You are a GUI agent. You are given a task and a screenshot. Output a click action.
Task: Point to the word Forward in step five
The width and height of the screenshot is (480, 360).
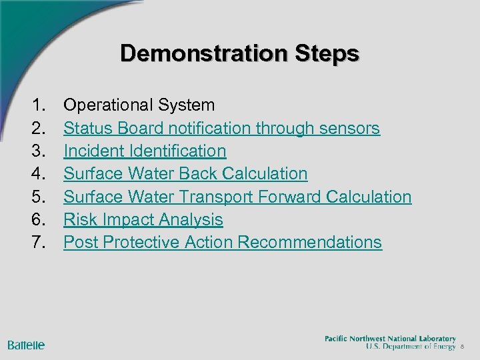pyautogui.click(x=291, y=197)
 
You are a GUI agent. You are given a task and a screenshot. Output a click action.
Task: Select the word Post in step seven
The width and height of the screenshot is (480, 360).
pyautogui.click(x=79, y=243)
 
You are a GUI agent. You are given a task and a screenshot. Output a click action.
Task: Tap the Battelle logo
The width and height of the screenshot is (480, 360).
pyautogui.click(x=26, y=345)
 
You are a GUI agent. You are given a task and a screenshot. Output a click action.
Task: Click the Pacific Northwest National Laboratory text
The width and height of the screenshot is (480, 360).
pyautogui.click(x=390, y=339)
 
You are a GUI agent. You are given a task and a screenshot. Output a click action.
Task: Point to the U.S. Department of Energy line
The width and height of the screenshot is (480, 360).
pyautogui.click(x=411, y=347)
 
